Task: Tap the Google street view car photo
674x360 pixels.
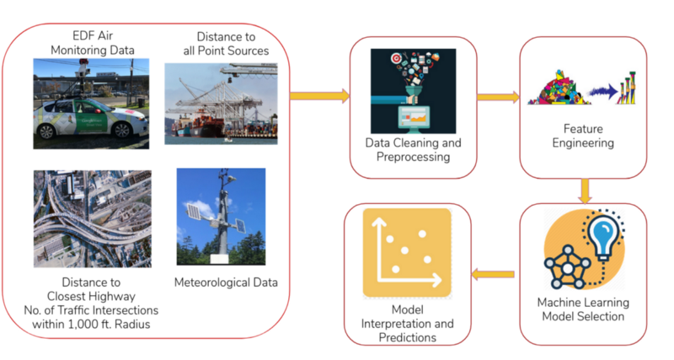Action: pyautogui.click(x=93, y=100)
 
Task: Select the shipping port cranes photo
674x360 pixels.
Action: pyautogui.click(x=220, y=102)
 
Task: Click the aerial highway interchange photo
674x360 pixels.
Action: pyautogui.click(x=93, y=218)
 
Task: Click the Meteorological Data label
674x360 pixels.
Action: pyautogui.click(x=225, y=282)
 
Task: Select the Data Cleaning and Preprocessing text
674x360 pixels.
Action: pyautogui.click(x=413, y=150)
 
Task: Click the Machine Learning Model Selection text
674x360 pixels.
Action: pyautogui.click(x=582, y=309)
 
